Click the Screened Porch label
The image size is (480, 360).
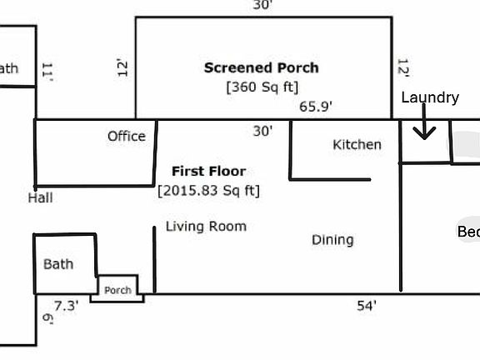(261, 67)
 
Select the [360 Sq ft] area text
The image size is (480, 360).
(262, 86)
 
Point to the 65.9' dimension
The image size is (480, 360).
(316, 107)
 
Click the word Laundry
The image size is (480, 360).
(430, 97)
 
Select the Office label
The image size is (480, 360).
(126, 136)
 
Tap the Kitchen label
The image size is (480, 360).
(357, 144)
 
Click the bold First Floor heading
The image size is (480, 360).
(208, 171)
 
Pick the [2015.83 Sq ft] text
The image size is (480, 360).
(208, 191)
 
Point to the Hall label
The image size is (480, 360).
(40, 197)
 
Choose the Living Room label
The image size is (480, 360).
(206, 226)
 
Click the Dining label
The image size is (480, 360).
(332, 240)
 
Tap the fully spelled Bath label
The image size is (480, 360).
(58, 264)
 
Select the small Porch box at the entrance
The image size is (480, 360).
(117, 290)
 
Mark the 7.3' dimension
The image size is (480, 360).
(66, 306)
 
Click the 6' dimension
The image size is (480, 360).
(47, 318)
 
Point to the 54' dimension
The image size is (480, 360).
(367, 306)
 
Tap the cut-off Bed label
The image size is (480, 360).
(468, 232)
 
